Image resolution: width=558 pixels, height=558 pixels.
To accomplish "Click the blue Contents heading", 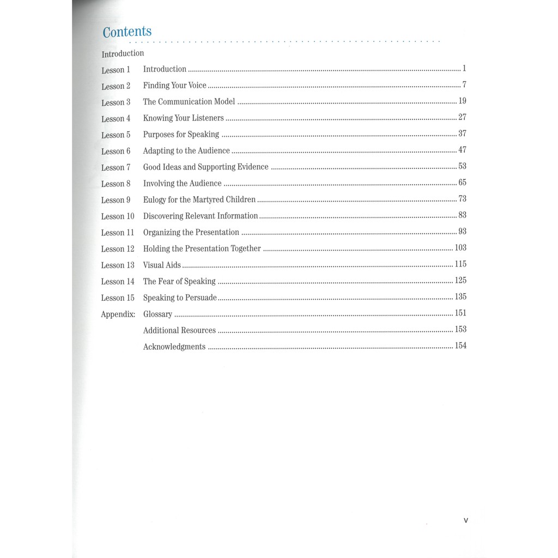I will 127,32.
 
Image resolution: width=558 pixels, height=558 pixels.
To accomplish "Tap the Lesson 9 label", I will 116,200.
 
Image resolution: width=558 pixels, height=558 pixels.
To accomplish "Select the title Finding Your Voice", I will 174,86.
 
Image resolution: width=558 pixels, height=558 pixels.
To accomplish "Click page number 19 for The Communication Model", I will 462,101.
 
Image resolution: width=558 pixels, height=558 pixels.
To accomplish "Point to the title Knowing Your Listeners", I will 183,118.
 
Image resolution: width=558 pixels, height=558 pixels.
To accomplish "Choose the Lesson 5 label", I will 116,135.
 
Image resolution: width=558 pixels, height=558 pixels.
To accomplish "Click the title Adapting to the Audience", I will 186,150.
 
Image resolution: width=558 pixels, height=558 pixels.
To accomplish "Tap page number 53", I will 462,166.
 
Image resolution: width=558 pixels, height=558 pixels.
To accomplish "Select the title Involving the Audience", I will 182,183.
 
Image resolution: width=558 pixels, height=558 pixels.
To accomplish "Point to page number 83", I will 462,215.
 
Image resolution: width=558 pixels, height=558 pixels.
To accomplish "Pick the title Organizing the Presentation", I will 191,232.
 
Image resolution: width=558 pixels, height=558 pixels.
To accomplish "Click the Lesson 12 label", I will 117,249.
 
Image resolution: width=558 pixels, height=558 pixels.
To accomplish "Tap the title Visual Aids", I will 162,265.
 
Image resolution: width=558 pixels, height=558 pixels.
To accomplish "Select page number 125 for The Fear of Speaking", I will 460,281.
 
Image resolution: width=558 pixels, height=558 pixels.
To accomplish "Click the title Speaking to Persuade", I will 180,298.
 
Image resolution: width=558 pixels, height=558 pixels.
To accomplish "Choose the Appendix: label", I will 118,314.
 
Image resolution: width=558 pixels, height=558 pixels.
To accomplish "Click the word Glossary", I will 157,314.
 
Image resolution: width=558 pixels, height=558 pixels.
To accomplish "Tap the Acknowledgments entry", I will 174,347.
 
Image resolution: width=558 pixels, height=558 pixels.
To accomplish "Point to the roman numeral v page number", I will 465,520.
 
